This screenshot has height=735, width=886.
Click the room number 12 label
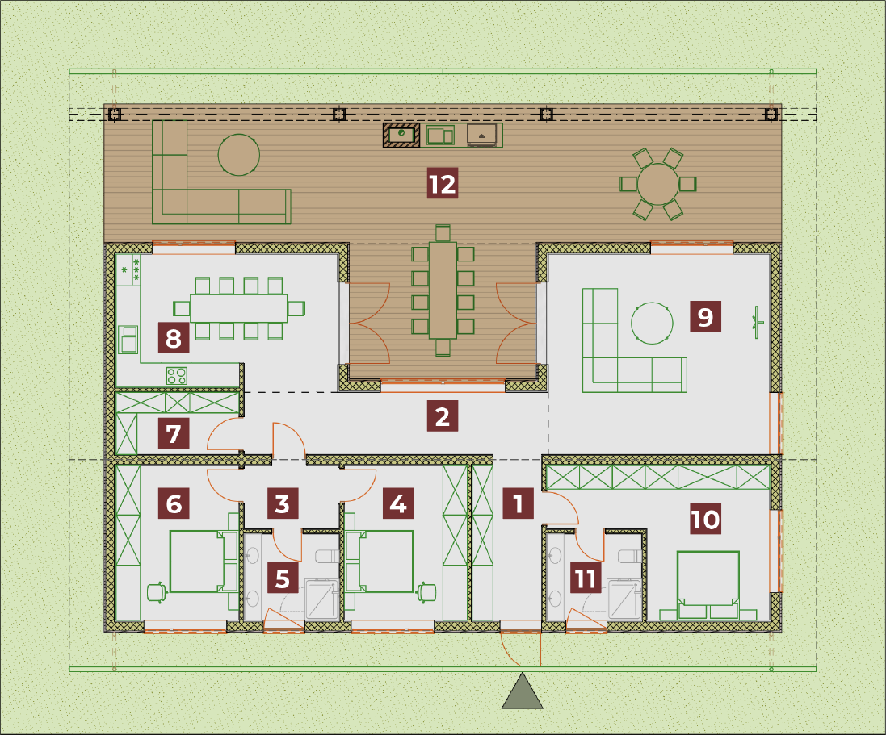tap(442, 183)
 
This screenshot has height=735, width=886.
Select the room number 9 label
tap(705, 316)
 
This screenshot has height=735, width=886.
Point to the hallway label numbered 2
tap(442, 416)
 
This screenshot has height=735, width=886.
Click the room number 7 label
tap(174, 433)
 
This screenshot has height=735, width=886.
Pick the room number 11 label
tap(585, 578)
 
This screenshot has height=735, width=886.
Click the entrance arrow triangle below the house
tap(522, 691)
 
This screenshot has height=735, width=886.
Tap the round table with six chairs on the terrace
tap(657, 183)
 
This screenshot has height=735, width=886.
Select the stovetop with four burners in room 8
tap(176, 375)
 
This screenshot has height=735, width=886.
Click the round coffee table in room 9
tap(652, 323)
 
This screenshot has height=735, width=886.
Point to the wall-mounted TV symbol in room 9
tap(757, 323)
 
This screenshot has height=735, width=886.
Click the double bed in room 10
tap(708, 586)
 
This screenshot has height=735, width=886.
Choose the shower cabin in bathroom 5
tap(321, 599)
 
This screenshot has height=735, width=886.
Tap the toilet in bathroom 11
tap(630, 557)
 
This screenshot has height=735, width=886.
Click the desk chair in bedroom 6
tap(157, 592)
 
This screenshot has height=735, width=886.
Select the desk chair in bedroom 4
tap(426, 592)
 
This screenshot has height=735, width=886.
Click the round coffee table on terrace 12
tap(239, 155)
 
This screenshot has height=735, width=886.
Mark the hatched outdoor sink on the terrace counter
tap(401, 135)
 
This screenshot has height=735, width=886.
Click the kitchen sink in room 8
tap(128, 340)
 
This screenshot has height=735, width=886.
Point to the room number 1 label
tap(518, 503)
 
